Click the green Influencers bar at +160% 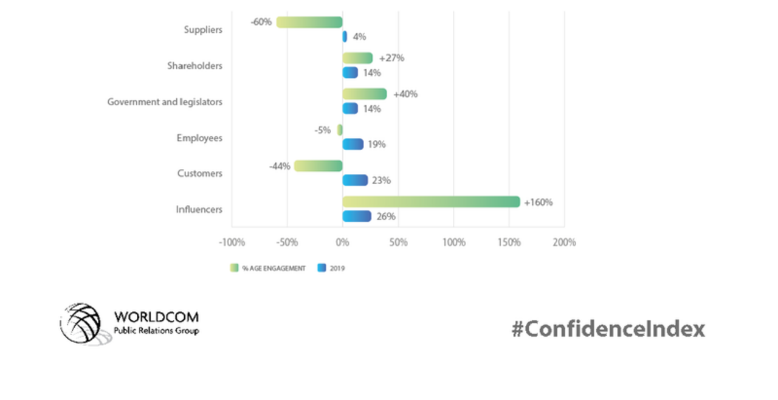pyautogui.click(x=431, y=202)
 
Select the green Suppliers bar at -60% pyautogui.click(x=309, y=22)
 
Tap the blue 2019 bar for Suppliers pyautogui.click(x=345, y=36)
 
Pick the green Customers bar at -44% pyautogui.click(x=318, y=166)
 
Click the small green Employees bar pyautogui.click(x=340, y=130)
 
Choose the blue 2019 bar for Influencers pyautogui.click(x=357, y=216)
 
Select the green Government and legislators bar pyautogui.click(x=364, y=94)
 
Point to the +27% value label pyautogui.click(x=391, y=58)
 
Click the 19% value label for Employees pyautogui.click(x=376, y=145)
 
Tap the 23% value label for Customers pyautogui.click(x=381, y=181)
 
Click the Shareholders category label pyautogui.click(x=194, y=66)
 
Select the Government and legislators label pyautogui.click(x=165, y=102)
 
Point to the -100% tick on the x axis pyautogui.click(x=232, y=243)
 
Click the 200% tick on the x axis pyautogui.click(x=564, y=243)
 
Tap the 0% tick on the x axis pyautogui.click(x=342, y=243)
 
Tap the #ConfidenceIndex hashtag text pyautogui.click(x=608, y=329)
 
